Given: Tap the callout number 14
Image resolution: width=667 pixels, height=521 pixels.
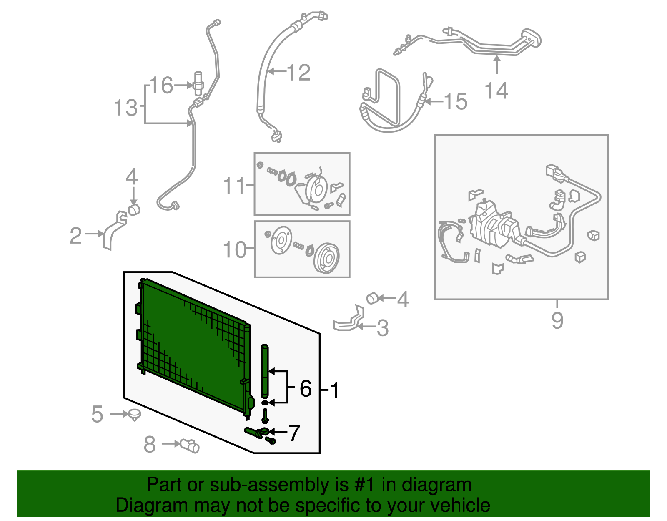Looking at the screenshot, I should pos(496,91).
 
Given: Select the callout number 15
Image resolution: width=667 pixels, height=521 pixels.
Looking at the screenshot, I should pos(456,101).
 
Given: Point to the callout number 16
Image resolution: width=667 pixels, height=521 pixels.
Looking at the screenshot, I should pos(161,86).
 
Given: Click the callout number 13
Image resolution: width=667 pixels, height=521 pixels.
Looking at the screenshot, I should pos(125,108).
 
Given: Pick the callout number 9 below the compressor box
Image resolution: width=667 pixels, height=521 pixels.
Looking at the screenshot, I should pos(557,320).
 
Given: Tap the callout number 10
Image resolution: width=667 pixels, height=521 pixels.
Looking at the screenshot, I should pos(234,249).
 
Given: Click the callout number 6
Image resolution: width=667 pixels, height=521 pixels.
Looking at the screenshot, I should pos(306,389).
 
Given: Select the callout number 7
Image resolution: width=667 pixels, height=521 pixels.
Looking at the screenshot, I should pos(294,433).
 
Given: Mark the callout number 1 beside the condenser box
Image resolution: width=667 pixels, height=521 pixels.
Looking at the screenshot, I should pos(334,390).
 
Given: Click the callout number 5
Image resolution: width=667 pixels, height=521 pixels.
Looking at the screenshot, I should pos(97,414).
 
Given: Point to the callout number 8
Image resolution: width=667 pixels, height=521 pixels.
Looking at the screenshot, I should pos(150,444).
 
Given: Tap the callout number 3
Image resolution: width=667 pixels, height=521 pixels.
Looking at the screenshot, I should pos(383,328).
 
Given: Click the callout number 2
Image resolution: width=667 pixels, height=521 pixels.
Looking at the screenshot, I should pos(76,236).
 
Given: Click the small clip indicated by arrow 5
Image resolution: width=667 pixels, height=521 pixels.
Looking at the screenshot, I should pos(134,414).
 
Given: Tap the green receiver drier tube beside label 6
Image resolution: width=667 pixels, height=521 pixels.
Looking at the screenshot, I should pos(265,371).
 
